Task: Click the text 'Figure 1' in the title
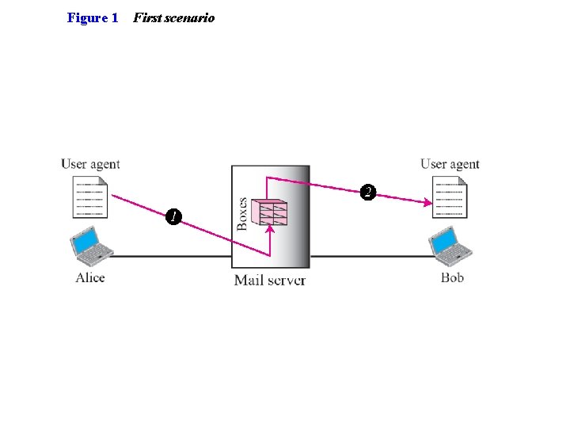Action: coord(93,17)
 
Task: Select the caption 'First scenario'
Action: coord(173,17)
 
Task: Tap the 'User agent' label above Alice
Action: coord(90,164)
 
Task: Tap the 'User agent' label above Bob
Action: coord(450,164)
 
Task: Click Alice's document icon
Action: coord(90,197)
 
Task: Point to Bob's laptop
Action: coord(450,246)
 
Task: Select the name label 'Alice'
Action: coord(90,277)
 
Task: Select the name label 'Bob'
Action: coord(452,277)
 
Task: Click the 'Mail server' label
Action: coord(270,280)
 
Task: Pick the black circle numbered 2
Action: coord(367,192)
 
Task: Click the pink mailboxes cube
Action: coord(268,212)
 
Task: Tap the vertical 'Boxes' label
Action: coord(242,214)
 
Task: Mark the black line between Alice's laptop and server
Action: coord(170,256)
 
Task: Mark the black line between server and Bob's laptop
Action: coord(370,256)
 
